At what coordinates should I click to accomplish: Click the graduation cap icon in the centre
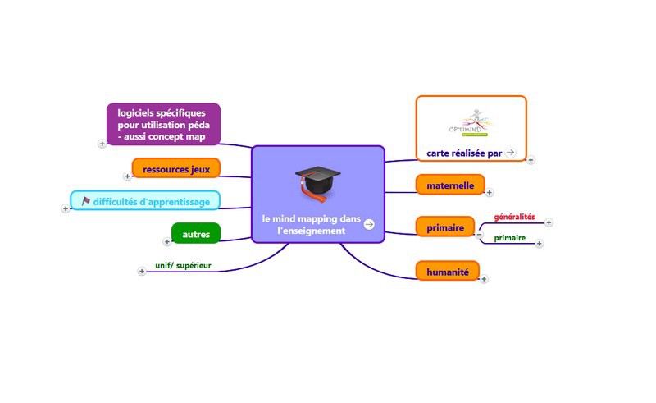point(317,183)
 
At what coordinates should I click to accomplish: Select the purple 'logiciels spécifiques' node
point(163,124)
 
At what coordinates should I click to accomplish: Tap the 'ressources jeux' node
point(176,169)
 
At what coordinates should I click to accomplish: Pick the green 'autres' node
point(196,235)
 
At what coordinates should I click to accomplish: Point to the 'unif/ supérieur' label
point(183,265)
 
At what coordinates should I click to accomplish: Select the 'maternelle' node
point(450,185)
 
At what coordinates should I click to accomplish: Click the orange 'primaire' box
point(445,227)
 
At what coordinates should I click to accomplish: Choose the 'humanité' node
point(447,270)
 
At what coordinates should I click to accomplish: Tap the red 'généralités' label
point(514,218)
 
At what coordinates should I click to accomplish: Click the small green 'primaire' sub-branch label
point(510,238)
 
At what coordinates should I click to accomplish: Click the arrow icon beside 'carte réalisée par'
point(511,152)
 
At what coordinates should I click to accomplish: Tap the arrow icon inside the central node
point(369,224)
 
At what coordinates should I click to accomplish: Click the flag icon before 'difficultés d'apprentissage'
point(85,201)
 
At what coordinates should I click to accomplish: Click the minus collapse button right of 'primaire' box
point(480,235)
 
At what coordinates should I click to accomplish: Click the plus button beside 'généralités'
point(549,222)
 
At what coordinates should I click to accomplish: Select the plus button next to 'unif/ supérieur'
point(142,271)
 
